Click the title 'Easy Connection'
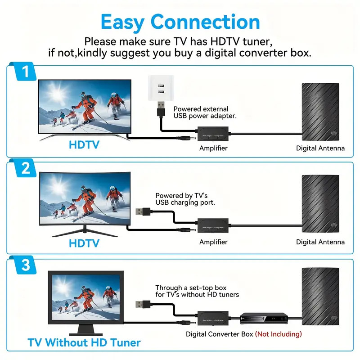pyautogui.click(x=180, y=22)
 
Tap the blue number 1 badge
pyautogui.click(x=25, y=72)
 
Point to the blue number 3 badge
pyautogui.click(x=25, y=265)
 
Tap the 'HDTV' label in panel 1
pyautogui.click(x=84, y=145)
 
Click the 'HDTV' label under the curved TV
pyautogui.click(x=84, y=243)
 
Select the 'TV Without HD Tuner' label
pyautogui.click(x=84, y=342)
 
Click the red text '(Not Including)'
pyautogui.click(x=278, y=334)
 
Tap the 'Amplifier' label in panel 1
pyautogui.click(x=213, y=148)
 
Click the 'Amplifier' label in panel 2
pyautogui.click(x=213, y=242)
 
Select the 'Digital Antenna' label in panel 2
pyautogui.click(x=320, y=242)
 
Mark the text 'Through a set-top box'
pyautogui.click(x=191, y=288)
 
